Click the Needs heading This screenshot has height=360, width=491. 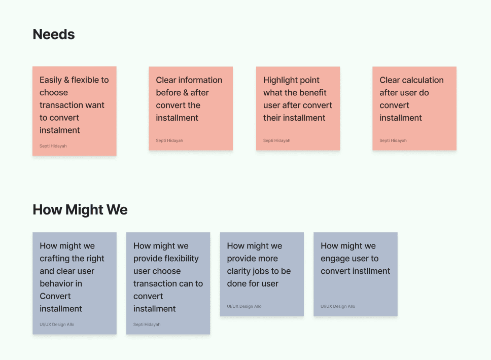54,34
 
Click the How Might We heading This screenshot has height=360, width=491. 80,210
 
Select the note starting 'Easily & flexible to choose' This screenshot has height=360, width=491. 74,111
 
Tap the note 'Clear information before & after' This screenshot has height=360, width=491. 190,108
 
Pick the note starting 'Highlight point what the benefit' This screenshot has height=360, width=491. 298,108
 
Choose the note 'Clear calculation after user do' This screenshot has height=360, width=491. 414,108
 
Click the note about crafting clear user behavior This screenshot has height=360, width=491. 74,283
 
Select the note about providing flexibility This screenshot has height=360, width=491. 168,283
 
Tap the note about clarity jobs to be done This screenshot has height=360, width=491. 261,274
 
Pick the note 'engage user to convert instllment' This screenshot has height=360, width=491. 355,274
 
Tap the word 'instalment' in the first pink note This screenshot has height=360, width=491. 60,130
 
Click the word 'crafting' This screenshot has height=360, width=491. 55,259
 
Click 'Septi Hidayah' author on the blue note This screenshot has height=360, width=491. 148,325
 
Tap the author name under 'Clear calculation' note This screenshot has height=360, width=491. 393,140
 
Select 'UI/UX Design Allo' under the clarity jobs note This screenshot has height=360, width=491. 244,306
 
